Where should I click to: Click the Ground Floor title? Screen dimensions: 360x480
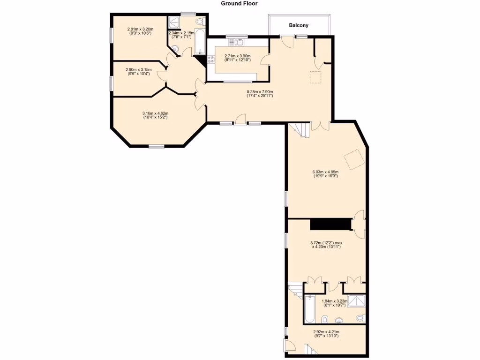239,3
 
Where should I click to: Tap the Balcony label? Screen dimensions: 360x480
299,25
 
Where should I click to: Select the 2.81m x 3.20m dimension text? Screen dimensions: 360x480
139,31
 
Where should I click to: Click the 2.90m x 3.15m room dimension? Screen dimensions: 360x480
138,71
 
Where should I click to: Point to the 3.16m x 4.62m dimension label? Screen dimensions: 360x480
155,115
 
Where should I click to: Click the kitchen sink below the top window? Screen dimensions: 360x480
239,42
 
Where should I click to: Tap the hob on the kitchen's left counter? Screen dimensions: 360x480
211,60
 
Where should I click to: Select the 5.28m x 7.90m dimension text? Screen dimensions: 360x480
260,94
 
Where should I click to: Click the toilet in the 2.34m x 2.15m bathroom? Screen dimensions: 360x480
200,22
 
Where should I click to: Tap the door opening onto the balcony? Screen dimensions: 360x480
286,41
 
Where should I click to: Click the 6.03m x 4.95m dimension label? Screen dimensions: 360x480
325,173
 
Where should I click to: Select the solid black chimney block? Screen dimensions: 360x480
331,224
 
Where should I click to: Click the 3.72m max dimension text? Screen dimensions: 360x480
326,245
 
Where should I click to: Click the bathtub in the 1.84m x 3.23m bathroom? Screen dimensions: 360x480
310,308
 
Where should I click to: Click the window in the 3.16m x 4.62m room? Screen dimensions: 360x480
157,147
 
